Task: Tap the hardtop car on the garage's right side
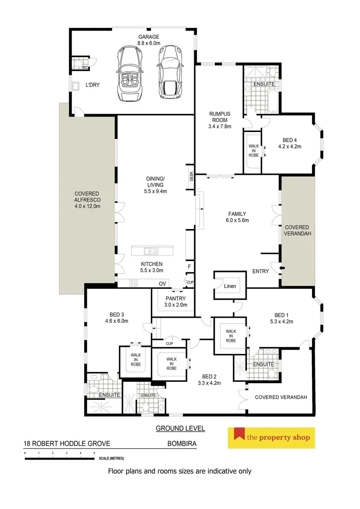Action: point(170,73)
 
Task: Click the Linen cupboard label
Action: point(230,286)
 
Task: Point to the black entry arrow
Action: point(282,269)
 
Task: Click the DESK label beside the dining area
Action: point(191,175)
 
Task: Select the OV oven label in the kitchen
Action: point(163,283)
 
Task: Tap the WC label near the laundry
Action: point(85,68)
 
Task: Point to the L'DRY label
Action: point(93,85)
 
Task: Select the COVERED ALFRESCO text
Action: point(87,200)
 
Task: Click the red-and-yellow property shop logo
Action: point(271,438)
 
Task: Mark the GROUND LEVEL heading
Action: point(180,428)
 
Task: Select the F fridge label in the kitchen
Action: point(189,267)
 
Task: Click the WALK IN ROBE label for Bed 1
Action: point(230,336)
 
